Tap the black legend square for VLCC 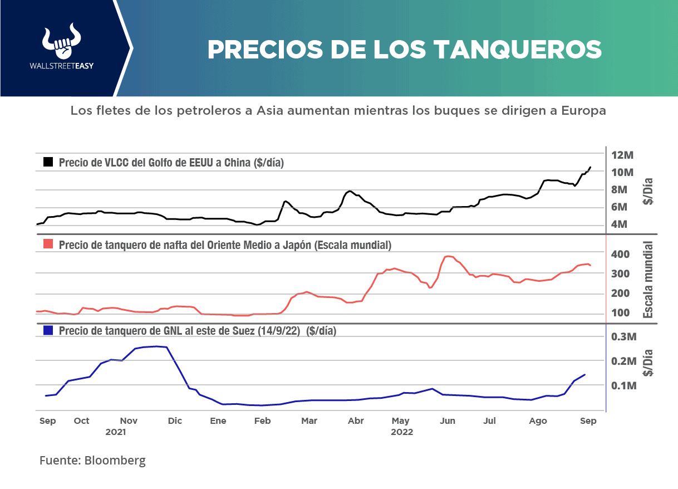click(48, 162)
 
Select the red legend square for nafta click(48, 245)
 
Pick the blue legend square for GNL click(48, 330)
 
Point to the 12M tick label click(622, 154)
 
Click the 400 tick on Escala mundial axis click(621, 254)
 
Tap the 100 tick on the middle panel click(621, 312)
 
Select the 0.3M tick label click(623, 336)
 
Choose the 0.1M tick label click(623, 385)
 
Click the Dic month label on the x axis click(174, 421)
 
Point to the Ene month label click(218, 421)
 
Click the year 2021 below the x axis click(116, 432)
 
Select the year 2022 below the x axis click(401, 432)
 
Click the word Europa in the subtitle click(583, 111)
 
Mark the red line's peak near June click(448, 256)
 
